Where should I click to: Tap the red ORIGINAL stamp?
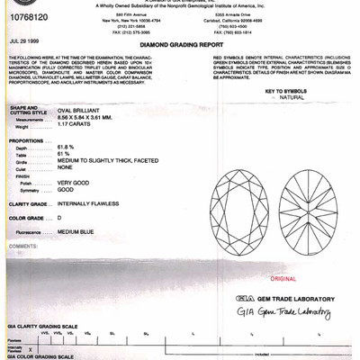tap(270, 280)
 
